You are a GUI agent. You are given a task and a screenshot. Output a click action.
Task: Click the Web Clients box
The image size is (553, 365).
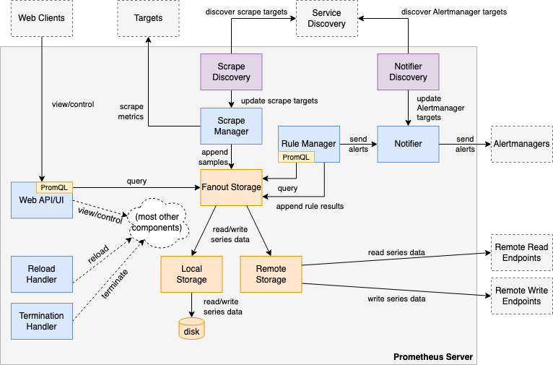(x=42, y=18)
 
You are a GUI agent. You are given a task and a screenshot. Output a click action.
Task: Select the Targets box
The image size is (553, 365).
(x=148, y=18)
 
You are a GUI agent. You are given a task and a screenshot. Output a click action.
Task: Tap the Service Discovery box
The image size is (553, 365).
(x=326, y=18)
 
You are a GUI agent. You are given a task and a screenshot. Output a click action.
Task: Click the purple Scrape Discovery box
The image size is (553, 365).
(x=231, y=72)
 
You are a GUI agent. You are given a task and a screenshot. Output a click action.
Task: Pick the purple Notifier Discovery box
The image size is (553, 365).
(x=408, y=72)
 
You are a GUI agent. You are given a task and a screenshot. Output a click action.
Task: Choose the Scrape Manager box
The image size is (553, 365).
(x=231, y=126)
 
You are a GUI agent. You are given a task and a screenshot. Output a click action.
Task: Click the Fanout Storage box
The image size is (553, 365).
(x=231, y=187)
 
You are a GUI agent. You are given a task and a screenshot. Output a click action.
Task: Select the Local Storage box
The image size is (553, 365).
(x=191, y=274)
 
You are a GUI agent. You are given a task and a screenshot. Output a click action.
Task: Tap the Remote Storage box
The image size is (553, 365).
(x=271, y=274)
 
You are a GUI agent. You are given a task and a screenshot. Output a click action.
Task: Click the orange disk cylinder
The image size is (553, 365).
(x=191, y=329)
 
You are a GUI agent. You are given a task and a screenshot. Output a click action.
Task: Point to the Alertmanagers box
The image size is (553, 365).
(x=522, y=144)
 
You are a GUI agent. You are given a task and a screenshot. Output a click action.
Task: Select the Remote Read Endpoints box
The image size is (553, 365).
(x=522, y=252)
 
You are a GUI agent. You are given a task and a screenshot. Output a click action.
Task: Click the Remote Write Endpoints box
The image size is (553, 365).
(x=522, y=296)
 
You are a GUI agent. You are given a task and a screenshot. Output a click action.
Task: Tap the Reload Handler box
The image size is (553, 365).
(x=42, y=274)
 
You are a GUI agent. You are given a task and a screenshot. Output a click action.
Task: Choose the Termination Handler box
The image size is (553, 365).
(x=42, y=321)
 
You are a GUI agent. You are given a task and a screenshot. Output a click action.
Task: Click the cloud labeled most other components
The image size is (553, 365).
(x=157, y=223)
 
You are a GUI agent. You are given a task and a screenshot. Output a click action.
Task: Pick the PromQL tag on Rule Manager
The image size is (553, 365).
(x=296, y=157)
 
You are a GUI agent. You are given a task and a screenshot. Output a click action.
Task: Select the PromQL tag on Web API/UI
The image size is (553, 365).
(x=54, y=187)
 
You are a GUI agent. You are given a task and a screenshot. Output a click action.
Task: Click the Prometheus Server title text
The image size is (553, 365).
(x=433, y=357)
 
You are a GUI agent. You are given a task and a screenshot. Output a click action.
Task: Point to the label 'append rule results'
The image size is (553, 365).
(x=310, y=206)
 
